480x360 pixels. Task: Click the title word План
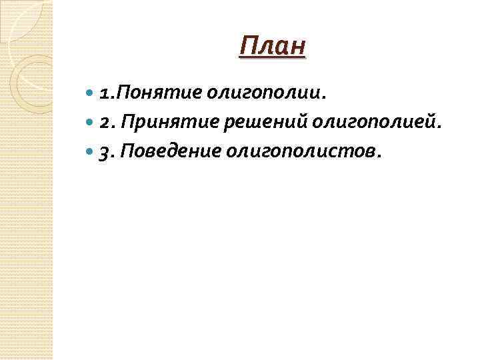click(x=272, y=47)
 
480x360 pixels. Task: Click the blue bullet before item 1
click(x=91, y=93)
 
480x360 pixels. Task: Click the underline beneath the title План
click(x=272, y=59)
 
